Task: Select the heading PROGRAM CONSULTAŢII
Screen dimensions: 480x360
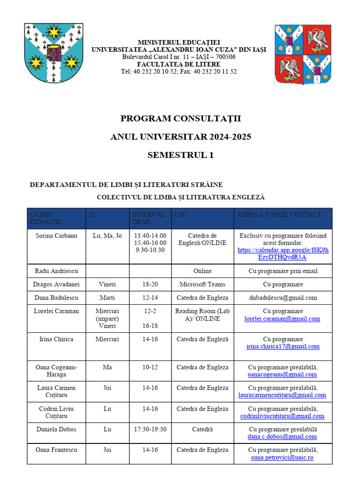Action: [x=180, y=119]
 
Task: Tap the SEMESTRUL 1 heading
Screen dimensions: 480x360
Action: [x=180, y=155]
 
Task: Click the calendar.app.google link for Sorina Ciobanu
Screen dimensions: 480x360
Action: [x=283, y=254]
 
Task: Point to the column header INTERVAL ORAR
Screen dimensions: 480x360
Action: [x=148, y=218]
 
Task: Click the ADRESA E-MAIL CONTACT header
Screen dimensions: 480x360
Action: [x=279, y=215]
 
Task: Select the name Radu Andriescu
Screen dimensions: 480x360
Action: [x=56, y=271]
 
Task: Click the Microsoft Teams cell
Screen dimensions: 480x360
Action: [x=202, y=284]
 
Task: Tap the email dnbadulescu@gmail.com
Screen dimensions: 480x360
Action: [x=283, y=298]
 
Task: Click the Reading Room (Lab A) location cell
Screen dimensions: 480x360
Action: [x=202, y=315]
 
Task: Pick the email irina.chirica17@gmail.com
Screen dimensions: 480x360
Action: [x=283, y=346]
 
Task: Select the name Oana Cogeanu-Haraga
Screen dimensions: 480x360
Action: [x=56, y=371]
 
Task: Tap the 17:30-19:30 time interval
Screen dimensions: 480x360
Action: [x=150, y=429]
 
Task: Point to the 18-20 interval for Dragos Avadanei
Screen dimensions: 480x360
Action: [x=150, y=284]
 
